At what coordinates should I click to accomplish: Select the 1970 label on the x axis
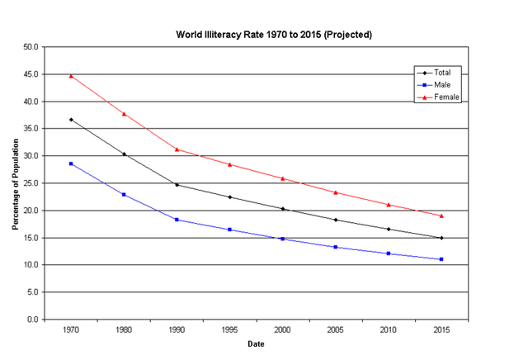point(71,330)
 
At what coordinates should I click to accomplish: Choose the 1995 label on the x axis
point(230,330)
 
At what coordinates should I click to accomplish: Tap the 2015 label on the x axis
point(441,330)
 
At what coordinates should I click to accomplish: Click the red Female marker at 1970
point(71,76)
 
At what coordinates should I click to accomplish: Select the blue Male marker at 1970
point(71,163)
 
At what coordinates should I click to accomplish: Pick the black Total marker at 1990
point(177,185)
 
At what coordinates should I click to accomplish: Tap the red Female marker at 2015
point(441,216)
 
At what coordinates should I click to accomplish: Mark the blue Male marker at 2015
point(441,259)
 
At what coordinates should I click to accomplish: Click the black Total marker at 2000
point(283,209)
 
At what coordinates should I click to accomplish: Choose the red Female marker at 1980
point(124,114)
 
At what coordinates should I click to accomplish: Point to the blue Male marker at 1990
point(177,220)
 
